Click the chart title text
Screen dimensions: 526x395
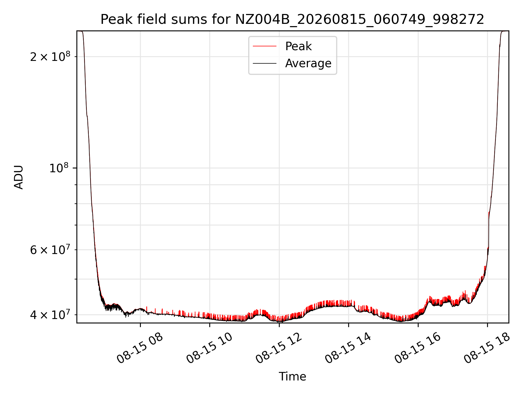(x=292, y=19)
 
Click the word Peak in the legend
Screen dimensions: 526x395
(x=298, y=46)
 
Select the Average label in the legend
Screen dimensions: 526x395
(x=308, y=63)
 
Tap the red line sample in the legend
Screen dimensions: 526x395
(x=265, y=46)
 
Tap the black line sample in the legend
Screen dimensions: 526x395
(x=265, y=63)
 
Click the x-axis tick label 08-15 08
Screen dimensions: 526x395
(x=140, y=348)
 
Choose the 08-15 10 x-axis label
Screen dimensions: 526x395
(x=209, y=348)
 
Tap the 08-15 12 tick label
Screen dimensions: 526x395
(x=279, y=348)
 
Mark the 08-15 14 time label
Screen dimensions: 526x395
(x=348, y=348)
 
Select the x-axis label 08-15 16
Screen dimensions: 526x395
(x=418, y=348)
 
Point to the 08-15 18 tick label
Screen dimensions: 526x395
(x=487, y=348)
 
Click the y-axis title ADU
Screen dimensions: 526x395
(x=19, y=177)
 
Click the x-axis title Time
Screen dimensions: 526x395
(x=292, y=376)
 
